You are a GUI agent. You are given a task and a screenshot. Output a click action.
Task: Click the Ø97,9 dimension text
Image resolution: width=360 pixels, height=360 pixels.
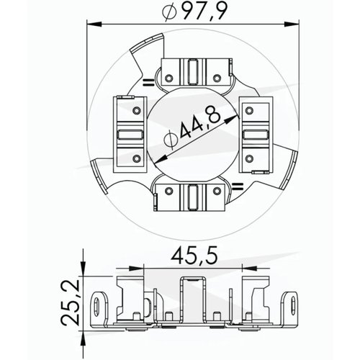(194, 12)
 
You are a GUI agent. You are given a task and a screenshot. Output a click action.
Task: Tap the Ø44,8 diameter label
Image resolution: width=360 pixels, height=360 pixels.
(192, 127)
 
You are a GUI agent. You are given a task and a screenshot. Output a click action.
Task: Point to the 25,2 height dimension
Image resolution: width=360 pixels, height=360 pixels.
(70, 302)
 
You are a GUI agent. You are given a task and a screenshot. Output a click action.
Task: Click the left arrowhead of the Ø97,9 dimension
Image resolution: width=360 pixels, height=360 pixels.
(94, 24)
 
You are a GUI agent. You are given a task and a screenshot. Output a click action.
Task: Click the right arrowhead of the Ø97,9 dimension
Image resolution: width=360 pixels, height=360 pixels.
(292, 24)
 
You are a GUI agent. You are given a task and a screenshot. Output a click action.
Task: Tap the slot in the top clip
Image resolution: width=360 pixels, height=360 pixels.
(192, 71)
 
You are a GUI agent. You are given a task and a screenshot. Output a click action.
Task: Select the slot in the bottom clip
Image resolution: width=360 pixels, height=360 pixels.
(192, 197)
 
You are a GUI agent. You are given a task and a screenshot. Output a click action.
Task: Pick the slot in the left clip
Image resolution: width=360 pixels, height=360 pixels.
(130, 135)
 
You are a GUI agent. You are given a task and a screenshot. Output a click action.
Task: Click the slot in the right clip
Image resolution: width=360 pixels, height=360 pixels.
(255, 135)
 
